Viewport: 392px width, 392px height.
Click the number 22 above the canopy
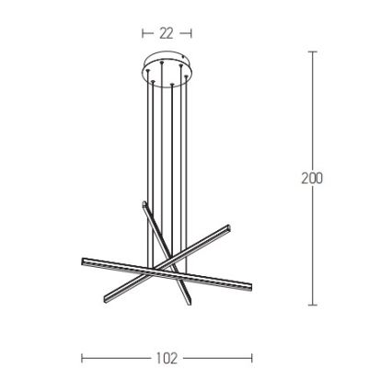point(167,32)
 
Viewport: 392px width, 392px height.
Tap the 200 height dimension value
point(312,178)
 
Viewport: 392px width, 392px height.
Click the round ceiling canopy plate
point(167,68)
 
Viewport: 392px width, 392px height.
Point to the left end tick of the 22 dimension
point(144,32)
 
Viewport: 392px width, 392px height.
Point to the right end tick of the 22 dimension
point(190,32)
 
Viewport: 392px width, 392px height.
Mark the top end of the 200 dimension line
point(312,52)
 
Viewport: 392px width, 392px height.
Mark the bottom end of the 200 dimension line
point(312,306)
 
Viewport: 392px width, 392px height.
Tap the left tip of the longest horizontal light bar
point(84,261)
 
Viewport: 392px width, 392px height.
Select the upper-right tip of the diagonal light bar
point(226,228)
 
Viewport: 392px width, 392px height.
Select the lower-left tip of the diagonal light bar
point(106,302)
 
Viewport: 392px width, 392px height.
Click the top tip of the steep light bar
point(144,202)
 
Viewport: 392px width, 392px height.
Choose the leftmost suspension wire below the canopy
point(145,138)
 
